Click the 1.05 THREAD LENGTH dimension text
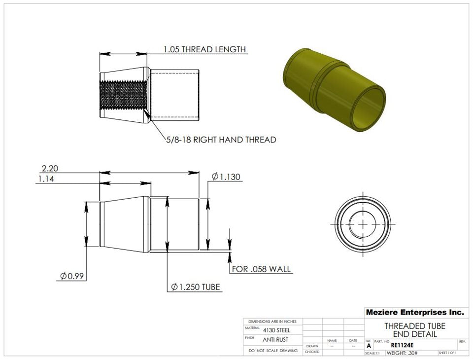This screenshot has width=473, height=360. click(204, 49)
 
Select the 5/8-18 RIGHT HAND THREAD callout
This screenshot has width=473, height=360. click(221, 140)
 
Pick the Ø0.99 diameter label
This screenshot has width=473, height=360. click(72, 276)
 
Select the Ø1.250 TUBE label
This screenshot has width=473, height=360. click(196, 287)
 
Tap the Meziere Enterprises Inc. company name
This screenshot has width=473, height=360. click(414, 312)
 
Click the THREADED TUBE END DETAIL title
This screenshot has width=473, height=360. click(414, 330)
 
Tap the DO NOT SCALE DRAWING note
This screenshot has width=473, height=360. click(273, 351)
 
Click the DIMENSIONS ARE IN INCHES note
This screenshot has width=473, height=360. click(273, 321)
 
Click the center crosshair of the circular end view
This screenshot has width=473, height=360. click(362, 223)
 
